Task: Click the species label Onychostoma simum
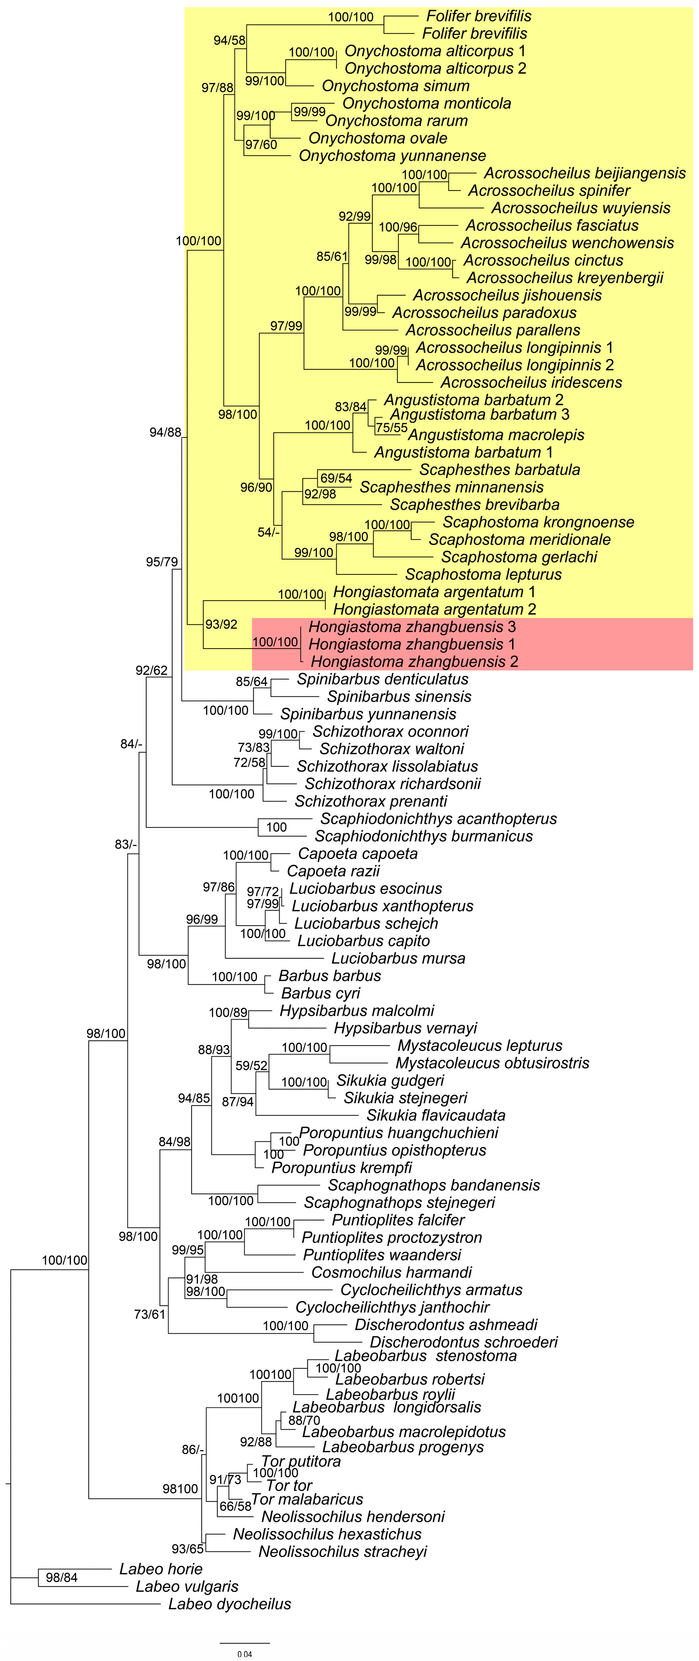[x=395, y=86]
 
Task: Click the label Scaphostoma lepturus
[x=483, y=574]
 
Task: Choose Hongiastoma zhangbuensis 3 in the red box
[x=412, y=626]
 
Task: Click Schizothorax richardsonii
[x=393, y=784]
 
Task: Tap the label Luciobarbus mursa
[x=398, y=958]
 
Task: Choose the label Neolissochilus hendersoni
[x=353, y=1517]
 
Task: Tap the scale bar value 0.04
[x=245, y=1654]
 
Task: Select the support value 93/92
[x=221, y=624]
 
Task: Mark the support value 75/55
[x=391, y=428]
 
